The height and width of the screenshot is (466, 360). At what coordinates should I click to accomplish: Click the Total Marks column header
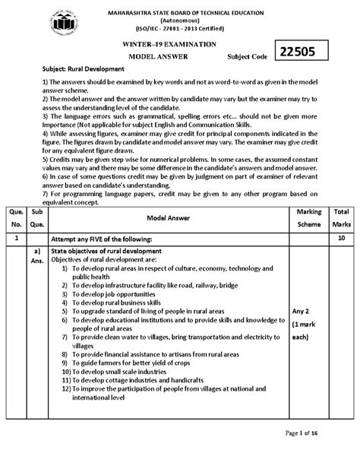click(x=341, y=217)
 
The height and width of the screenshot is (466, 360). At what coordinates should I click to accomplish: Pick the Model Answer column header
click(x=163, y=217)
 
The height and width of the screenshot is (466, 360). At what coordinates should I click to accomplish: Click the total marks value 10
click(x=341, y=238)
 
